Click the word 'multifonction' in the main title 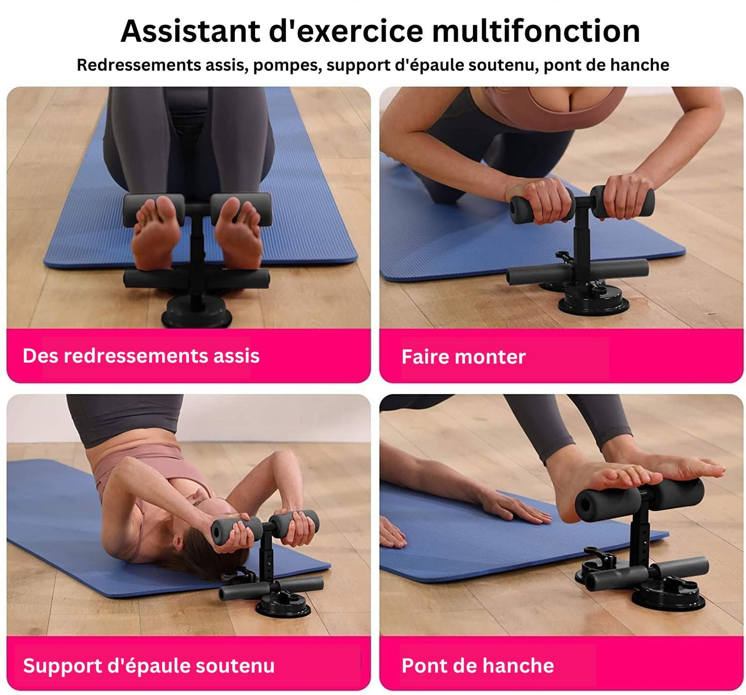click(x=536, y=31)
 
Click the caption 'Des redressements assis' click(x=141, y=356)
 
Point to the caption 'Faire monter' click(x=464, y=356)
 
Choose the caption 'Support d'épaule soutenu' click(x=149, y=666)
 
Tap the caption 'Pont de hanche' click(x=478, y=666)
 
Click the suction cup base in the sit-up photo click(x=197, y=311)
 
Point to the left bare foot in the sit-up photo click(x=156, y=233)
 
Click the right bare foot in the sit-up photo click(x=239, y=233)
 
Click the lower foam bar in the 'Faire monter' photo click(x=577, y=271)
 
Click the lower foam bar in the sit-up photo click(x=197, y=279)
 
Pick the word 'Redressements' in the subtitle click(x=139, y=65)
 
